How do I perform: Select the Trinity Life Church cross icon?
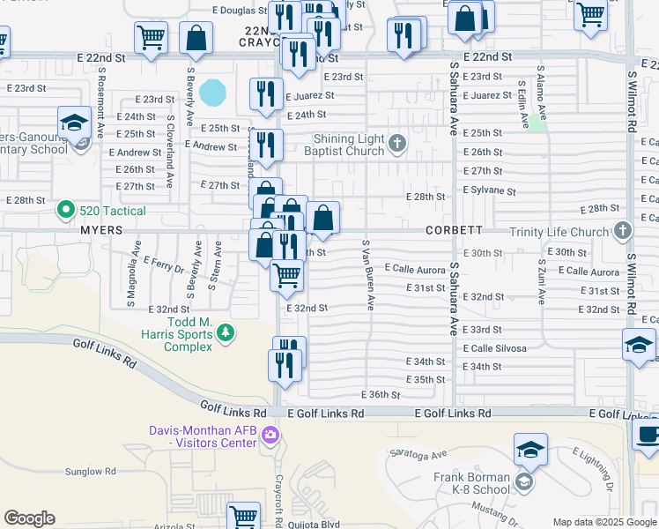tap(623, 232)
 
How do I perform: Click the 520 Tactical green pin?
tap(64, 210)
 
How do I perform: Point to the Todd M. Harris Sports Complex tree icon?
tap(226, 332)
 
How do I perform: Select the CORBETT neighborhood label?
tap(454, 230)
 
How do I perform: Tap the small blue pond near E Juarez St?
tap(211, 91)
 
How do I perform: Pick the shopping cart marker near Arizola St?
tap(243, 517)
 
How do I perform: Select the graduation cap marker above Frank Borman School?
tap(530, 451)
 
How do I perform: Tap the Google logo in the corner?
tap(29, 518)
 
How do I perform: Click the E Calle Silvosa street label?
tap(494, 348)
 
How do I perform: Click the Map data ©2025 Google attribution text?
tap(604, 522)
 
